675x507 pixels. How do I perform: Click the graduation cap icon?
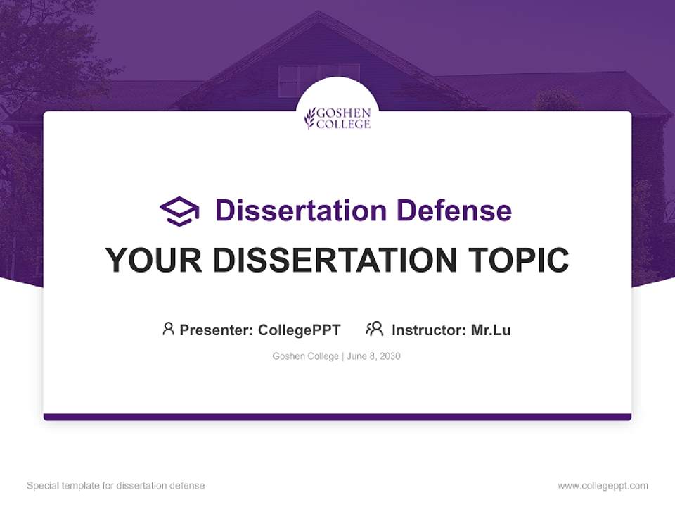[x=179, y=211]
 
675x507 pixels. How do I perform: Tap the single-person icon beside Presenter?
[x=168, y=329]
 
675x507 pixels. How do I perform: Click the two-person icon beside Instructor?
[x=375, y=329]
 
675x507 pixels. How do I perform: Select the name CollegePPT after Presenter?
[x=299, y=330]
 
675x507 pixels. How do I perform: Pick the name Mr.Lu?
[x=491, y=330]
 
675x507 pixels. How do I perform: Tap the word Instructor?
[x=429, y=330]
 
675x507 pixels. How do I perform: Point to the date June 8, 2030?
[x=374, y=356]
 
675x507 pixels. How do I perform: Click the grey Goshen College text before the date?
[x=306, y=356]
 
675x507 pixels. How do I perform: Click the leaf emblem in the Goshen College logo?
[x=309, y=118]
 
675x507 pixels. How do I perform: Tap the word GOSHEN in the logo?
[x=344, y=113]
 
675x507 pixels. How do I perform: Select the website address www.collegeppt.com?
[x=603, y=486]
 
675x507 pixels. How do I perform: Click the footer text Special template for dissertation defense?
[x=115, y=486]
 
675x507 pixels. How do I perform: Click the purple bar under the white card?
[x=337, y=417]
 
